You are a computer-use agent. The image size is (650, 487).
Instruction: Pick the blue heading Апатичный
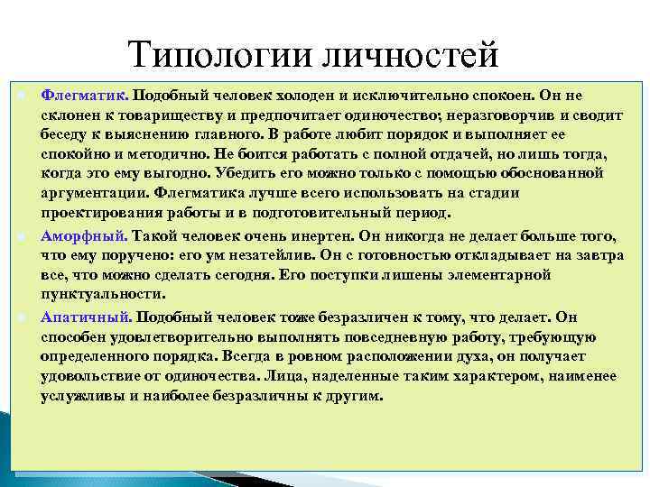coord(87,317)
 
